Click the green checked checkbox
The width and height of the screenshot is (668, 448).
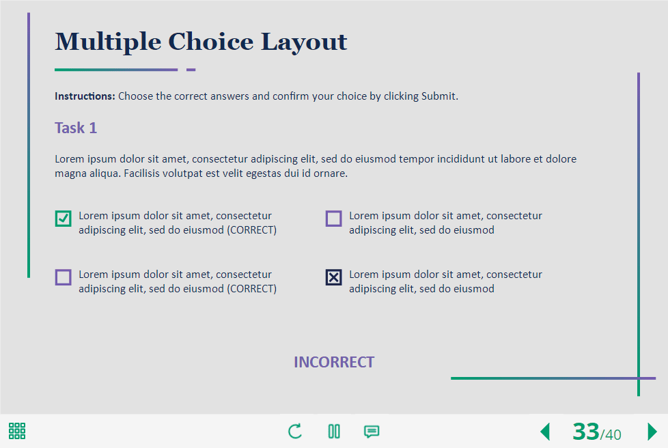[x=63, y=219]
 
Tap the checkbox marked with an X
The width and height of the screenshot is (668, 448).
[x=333, y=277]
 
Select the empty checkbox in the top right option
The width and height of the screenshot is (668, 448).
[x=333, y=219]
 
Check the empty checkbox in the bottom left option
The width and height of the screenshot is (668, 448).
[x=63, y=277]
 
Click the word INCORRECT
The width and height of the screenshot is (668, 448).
[x=334, y=362]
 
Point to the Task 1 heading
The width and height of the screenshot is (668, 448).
[x=76, y=128]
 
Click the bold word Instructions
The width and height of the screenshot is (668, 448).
[x=85, y=96]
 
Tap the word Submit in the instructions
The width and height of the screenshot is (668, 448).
[x=439, y=96]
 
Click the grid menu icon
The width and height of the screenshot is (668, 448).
[x=17, y=431]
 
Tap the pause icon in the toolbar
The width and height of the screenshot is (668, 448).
[x=334, y=432]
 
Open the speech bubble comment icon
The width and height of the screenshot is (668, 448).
[x=372, y=432]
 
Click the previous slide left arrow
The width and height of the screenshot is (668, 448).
[x=545, y=432]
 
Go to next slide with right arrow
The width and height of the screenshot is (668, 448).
[x=652, y=432]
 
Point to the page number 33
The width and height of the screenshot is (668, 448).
[x=586, y=432]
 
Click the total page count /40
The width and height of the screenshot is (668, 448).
[x=611, y=434]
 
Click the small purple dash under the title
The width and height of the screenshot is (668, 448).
[x=191, y=70]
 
